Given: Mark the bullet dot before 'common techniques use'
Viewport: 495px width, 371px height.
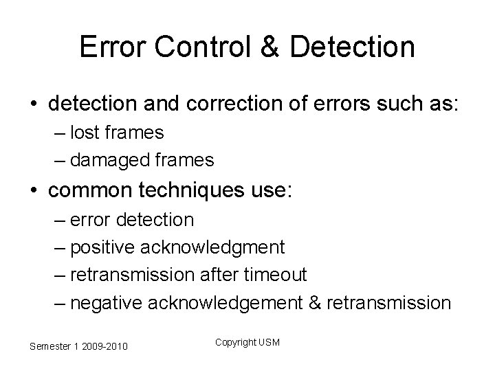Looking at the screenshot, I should pyautogui.click(x=34, y=191).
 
